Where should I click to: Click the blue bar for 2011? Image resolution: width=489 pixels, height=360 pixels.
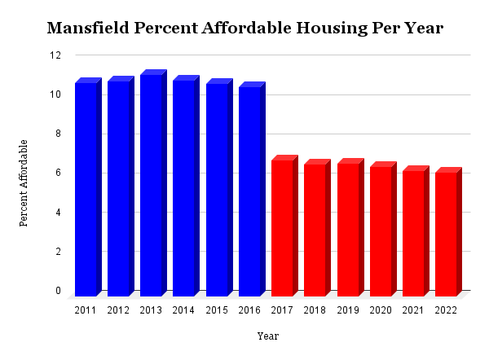(86, 189)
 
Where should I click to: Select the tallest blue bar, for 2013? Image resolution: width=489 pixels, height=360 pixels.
(151, 185)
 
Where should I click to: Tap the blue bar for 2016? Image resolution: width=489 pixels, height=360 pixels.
(249, 191)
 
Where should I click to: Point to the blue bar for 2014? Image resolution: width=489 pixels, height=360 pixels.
(183, 188)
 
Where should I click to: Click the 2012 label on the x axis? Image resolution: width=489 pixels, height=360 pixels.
(118, 310)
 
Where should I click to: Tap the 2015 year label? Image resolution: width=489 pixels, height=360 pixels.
(217, 310)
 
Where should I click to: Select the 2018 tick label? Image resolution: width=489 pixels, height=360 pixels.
(315, 310)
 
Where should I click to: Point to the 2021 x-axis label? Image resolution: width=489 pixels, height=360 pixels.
(413, 310)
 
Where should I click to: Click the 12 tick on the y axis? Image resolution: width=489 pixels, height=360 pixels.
(55, 55)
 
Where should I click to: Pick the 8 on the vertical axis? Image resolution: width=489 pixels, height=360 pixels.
(58, 134)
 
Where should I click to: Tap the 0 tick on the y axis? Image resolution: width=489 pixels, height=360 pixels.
(58, 291)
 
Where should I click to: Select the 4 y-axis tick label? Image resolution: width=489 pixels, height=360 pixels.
(58, 213)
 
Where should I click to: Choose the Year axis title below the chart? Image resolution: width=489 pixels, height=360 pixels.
(268, 336)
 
